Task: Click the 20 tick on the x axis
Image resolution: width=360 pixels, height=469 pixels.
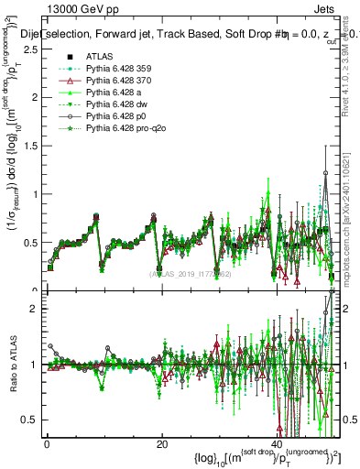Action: [161, 445]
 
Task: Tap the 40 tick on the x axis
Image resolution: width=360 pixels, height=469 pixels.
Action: [276, 445]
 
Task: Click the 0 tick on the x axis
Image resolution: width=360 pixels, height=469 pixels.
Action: [47, 445]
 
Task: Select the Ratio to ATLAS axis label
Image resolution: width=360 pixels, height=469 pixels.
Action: [12, 365]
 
